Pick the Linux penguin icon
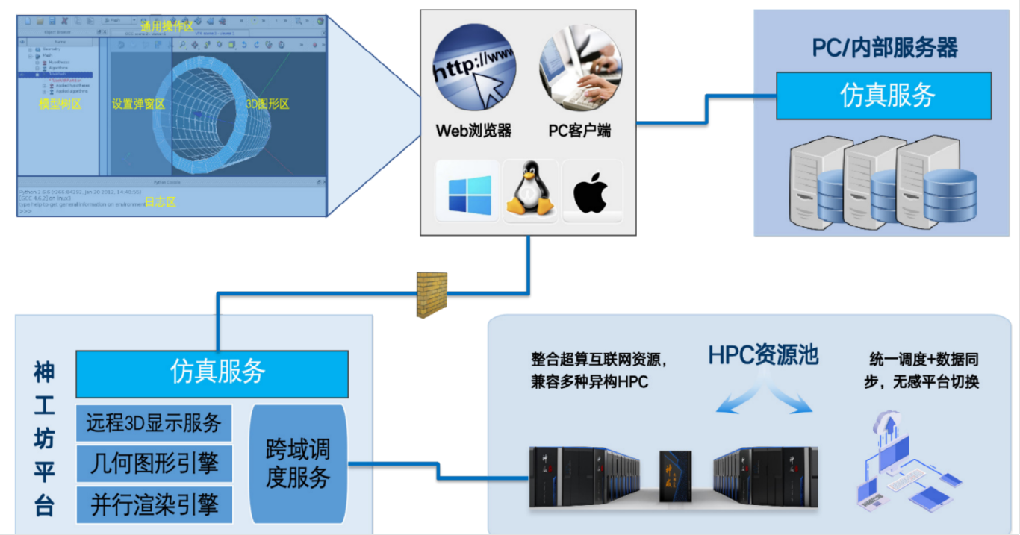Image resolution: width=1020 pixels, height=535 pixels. [530, 192]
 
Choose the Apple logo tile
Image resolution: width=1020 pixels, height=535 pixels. [591, 192]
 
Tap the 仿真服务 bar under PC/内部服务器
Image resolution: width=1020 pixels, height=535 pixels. [883, 96]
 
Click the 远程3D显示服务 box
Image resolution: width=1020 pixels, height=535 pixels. [154, 424]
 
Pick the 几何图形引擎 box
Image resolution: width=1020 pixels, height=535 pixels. [154, 464]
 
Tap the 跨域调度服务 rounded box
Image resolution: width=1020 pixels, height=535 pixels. [298, 464]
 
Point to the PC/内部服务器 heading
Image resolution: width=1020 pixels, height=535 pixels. [885, 49]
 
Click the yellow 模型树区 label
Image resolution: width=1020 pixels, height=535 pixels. [60, 104]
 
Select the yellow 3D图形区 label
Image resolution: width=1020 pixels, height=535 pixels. [267, 104]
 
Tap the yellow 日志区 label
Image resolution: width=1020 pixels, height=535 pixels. [160, 202]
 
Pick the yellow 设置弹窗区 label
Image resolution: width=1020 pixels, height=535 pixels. [138, 104]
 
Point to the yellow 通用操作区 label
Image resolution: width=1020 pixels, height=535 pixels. [167, 27]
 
